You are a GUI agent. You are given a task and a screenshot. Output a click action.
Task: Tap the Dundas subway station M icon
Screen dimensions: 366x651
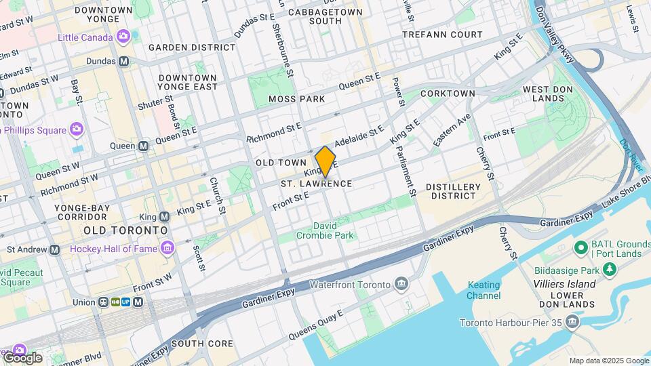tap(123, 61)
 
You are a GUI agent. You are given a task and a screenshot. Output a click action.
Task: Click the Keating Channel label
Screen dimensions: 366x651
tap(484, 290)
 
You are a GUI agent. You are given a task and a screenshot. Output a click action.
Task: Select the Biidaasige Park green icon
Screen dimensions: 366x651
tap(610, 270)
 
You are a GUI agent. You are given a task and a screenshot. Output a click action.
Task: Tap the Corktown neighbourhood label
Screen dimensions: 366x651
tap(448, 94)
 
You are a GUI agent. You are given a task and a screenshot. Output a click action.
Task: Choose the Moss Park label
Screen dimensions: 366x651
tap(296, 99)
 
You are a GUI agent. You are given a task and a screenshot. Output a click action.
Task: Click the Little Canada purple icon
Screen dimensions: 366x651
tap(123, 37)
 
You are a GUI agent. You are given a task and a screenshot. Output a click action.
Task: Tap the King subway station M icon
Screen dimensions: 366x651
tap(164, 217)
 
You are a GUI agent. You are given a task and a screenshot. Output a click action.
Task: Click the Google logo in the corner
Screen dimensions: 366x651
tap(22, 358)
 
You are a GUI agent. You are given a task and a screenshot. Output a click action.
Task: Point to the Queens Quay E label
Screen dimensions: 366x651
tap(316, 325)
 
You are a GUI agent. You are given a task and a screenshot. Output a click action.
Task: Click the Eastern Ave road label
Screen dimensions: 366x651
tap(452, 129)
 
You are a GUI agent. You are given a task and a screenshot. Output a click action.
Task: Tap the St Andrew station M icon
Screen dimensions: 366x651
tap(54, 249)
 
